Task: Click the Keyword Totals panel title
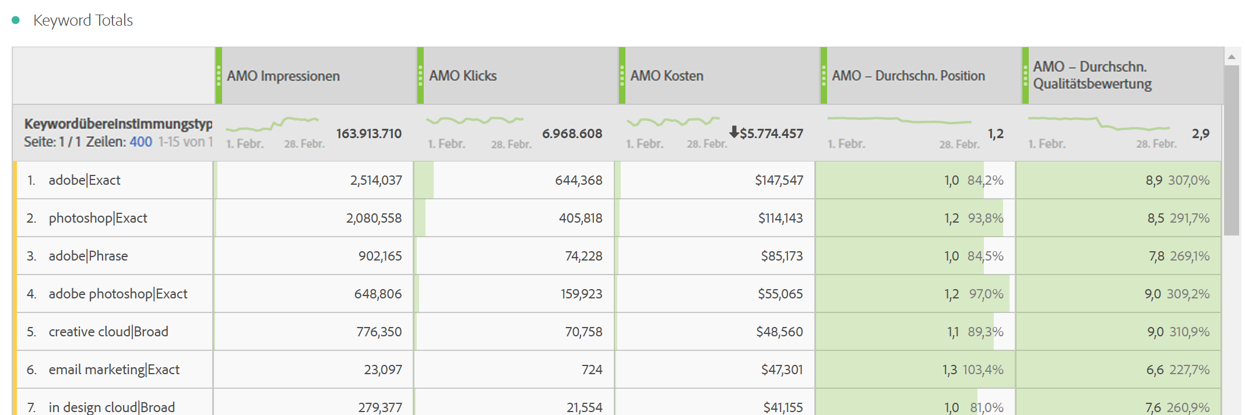[x=83, y=20]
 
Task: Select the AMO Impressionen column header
[x=283, y=76]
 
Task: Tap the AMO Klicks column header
[x=463, y=76]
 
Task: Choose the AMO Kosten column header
[x=667, y=76]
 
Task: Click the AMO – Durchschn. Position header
[x=908, y=76]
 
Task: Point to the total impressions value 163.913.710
[x=368, y=133]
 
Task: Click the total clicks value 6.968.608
[x=572, y=133]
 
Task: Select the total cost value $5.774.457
[x=771, y=133]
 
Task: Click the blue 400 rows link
[x=140, y=142]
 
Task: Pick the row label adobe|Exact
[x=85, y=180]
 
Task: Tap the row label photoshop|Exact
[x=98, y=218]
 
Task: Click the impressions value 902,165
[x=380, y=256]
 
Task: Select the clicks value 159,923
[x=581, y=294]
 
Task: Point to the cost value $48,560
[x=779, y=332]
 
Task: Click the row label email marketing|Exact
[x=114, y=370]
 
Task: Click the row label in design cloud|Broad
[x=111, y=407]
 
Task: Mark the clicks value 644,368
[x=578, y=180]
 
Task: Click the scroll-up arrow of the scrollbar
[x=1232, y=57]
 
